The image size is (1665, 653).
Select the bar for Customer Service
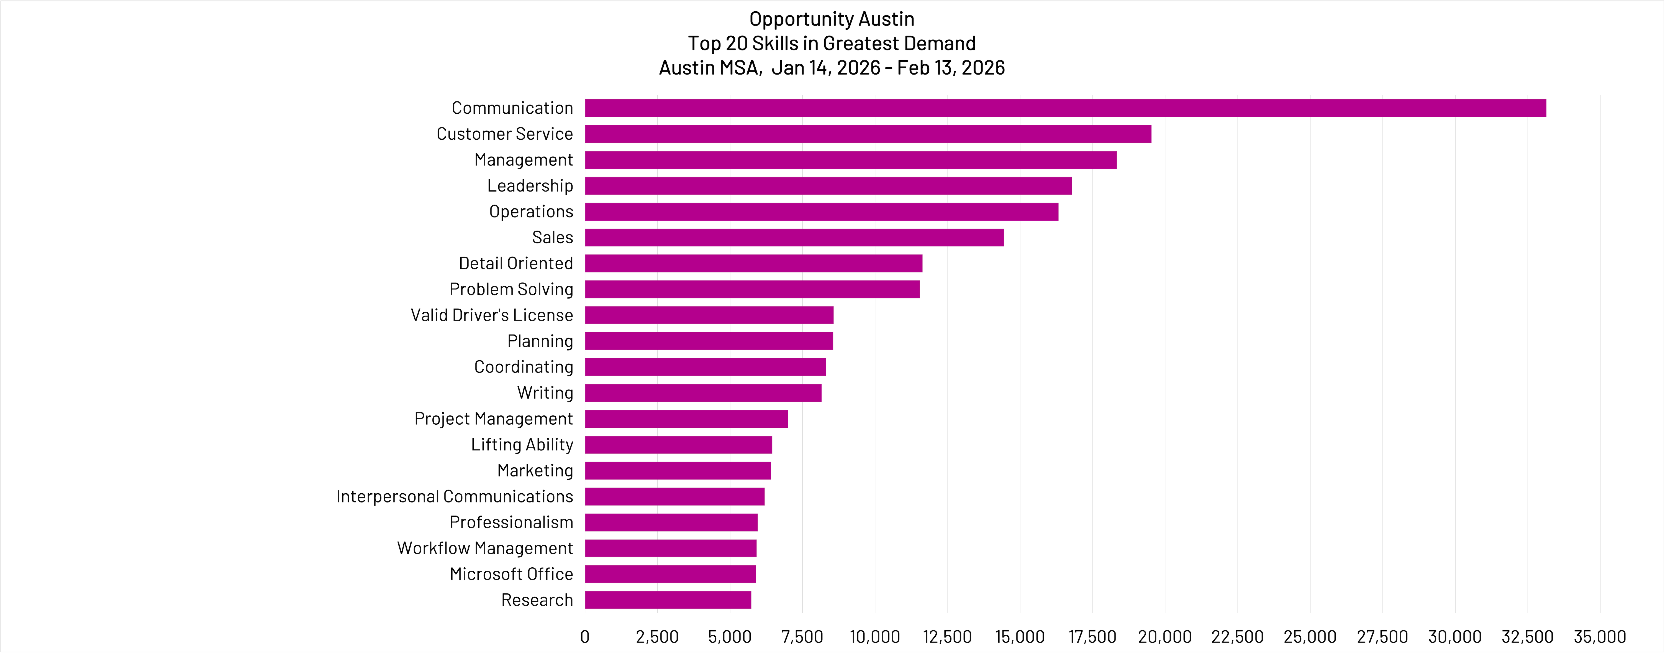[868, 134]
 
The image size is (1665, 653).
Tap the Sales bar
[794, 237]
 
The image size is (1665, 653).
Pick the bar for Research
[668, 600]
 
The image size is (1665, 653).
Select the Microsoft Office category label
[511, 574]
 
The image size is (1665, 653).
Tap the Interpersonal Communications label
[454, 496]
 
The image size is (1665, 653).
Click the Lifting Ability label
[522, 445]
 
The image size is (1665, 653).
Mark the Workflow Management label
[485, 548]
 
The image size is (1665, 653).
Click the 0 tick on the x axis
[585, 637]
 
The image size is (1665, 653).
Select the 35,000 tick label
[1600, 637]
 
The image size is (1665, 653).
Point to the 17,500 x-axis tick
[1092, 637]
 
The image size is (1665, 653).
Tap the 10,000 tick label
[874, 637]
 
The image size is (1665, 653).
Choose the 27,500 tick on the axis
[1382, 637]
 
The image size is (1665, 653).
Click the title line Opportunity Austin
[832, 19]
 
